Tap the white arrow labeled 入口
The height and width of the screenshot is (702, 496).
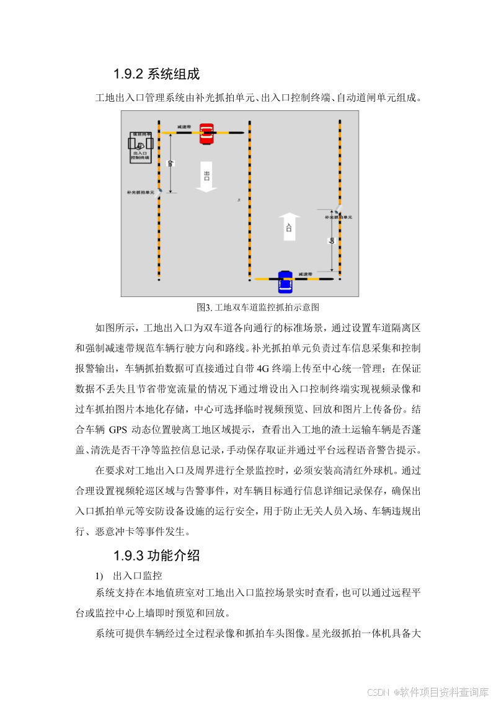(288, 227)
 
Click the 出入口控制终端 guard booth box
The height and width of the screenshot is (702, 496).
(140, 148)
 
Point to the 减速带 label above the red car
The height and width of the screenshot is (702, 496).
(184, 126)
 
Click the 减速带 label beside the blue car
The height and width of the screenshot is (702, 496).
(304, 273)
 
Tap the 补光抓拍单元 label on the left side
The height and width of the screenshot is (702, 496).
(139, 193)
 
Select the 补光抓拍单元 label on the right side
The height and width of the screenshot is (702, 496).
(339, 218)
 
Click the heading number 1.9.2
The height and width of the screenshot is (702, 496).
(128, 74)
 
